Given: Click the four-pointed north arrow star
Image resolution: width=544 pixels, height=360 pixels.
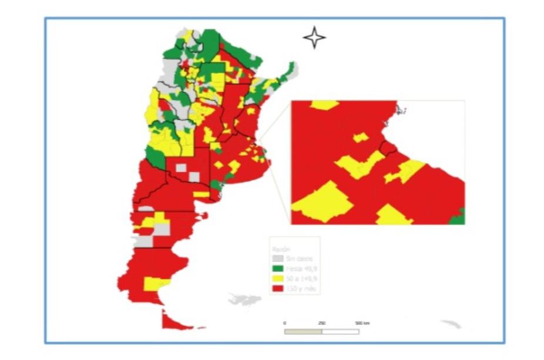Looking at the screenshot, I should pos(314,38).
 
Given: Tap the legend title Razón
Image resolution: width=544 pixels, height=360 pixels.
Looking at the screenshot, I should pos(278,248).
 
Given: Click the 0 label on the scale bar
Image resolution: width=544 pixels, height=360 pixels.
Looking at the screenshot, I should pos(285,324).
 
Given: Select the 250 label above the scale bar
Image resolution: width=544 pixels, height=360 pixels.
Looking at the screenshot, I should pos(322,324).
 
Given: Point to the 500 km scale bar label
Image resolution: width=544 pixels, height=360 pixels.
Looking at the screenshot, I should pos(362,324).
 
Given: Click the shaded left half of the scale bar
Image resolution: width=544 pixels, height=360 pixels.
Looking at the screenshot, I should pos(303,331).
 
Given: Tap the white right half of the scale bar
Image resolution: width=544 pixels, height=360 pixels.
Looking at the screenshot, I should pos(340,331).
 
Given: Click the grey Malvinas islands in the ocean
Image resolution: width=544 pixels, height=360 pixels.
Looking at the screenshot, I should pos(244,300).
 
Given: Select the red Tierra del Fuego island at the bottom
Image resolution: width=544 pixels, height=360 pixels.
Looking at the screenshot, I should pos(176,320).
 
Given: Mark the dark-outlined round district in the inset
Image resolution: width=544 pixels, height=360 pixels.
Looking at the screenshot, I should pos(388,146).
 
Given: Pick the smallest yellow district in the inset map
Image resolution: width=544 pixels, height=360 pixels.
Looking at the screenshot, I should pos(360,137).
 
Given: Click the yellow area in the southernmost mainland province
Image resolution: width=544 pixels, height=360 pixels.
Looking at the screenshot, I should pos(156,284).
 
